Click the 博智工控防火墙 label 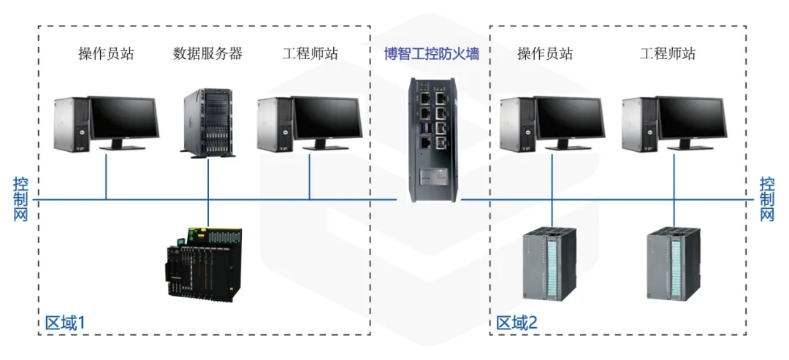click(432, 53)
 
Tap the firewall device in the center click(432, 139)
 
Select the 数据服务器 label click(207, 53)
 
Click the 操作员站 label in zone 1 click(106, 53)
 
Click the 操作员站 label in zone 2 click(545, 53)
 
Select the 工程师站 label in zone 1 click(310, 53)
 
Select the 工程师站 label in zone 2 click(668, 53)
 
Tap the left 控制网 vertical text click(20, 199)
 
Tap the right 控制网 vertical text click(766, 199)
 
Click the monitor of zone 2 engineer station click(692, 119)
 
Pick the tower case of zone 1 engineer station click(273, 126)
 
